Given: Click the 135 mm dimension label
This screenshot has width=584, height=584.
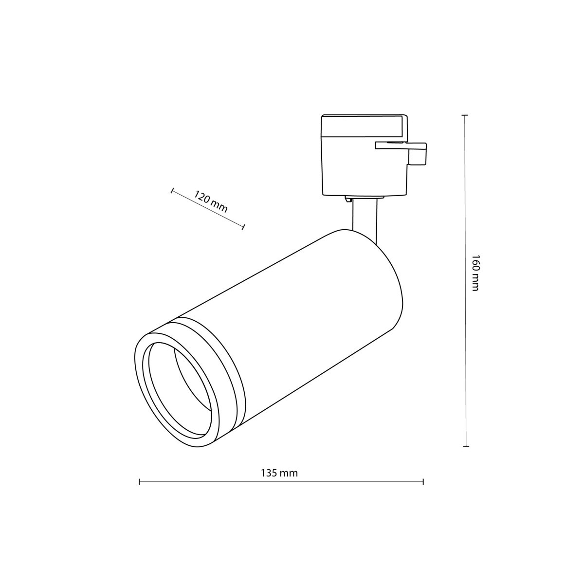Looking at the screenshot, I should point(279,473).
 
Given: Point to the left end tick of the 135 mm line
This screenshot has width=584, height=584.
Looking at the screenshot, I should point(140,482).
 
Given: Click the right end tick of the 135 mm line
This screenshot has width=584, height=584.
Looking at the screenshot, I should point(423,482).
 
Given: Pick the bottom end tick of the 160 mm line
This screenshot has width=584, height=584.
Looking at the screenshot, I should point(466,446).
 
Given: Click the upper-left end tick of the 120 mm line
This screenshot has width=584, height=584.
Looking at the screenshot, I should point(172,190).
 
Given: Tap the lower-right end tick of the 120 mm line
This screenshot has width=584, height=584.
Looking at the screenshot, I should point(244,226).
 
